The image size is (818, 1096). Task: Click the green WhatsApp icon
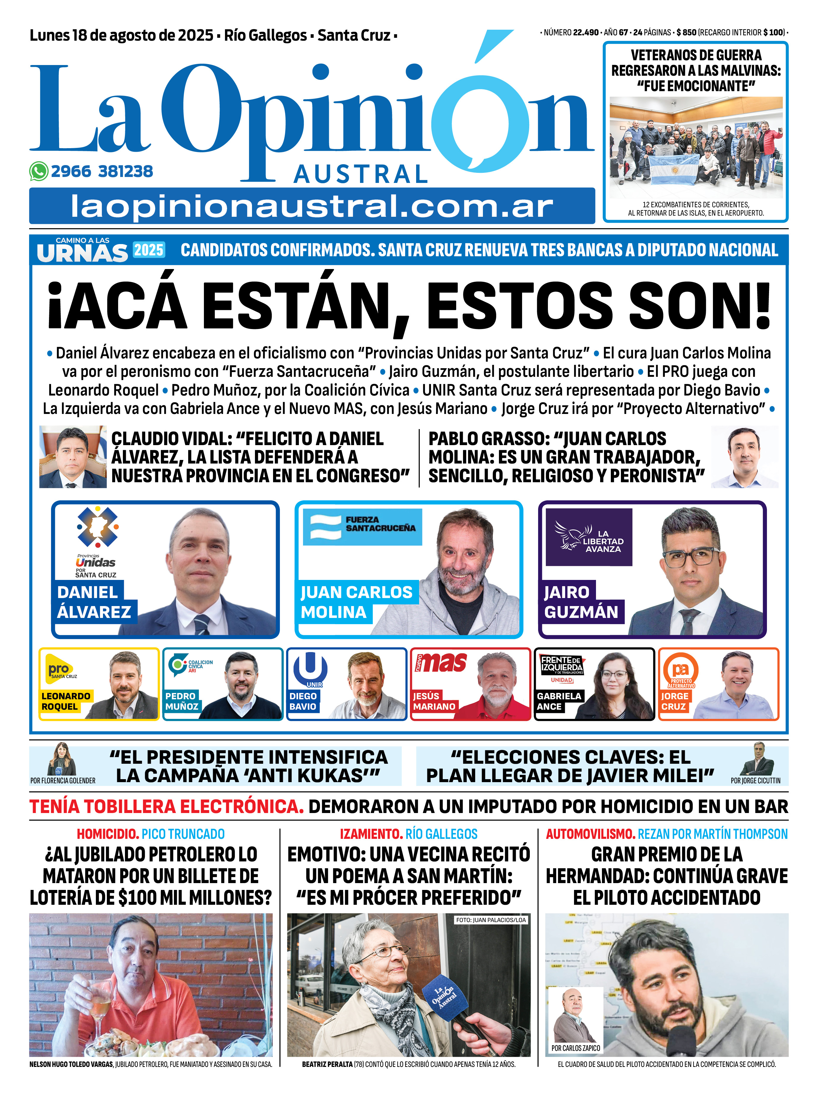[x=39, y=171]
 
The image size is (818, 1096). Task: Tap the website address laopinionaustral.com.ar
[x=312, y=206]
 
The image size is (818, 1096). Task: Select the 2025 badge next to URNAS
[x=148, y=250]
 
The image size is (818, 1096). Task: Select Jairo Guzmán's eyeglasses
[x=691, y=557]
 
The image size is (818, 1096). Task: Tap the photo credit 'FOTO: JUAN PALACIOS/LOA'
[x=490, y=920]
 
